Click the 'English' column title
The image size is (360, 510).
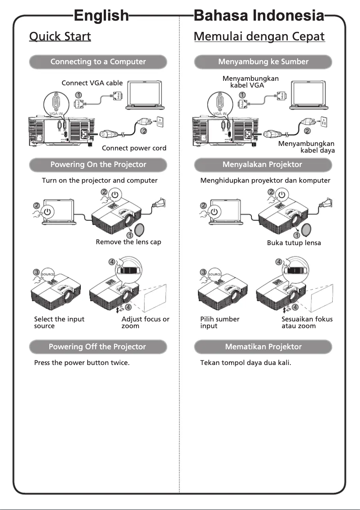101,16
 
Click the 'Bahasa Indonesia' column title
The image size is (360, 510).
259,16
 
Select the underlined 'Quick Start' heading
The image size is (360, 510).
60,36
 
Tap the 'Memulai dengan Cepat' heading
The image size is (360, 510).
259,36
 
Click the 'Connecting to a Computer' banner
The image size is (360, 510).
98,62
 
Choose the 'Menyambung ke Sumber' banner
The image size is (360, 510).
263,62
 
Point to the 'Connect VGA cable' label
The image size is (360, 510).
92,83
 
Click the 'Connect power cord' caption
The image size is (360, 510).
134,148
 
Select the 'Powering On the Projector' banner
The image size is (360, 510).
98,165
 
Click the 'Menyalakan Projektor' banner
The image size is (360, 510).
263,165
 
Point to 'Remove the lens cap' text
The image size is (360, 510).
128,242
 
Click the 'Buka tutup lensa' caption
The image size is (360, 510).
294,243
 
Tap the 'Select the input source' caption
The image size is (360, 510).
59,322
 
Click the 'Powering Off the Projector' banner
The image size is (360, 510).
98,347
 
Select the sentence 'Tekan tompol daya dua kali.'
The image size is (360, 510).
246,362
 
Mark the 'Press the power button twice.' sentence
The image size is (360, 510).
82,362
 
